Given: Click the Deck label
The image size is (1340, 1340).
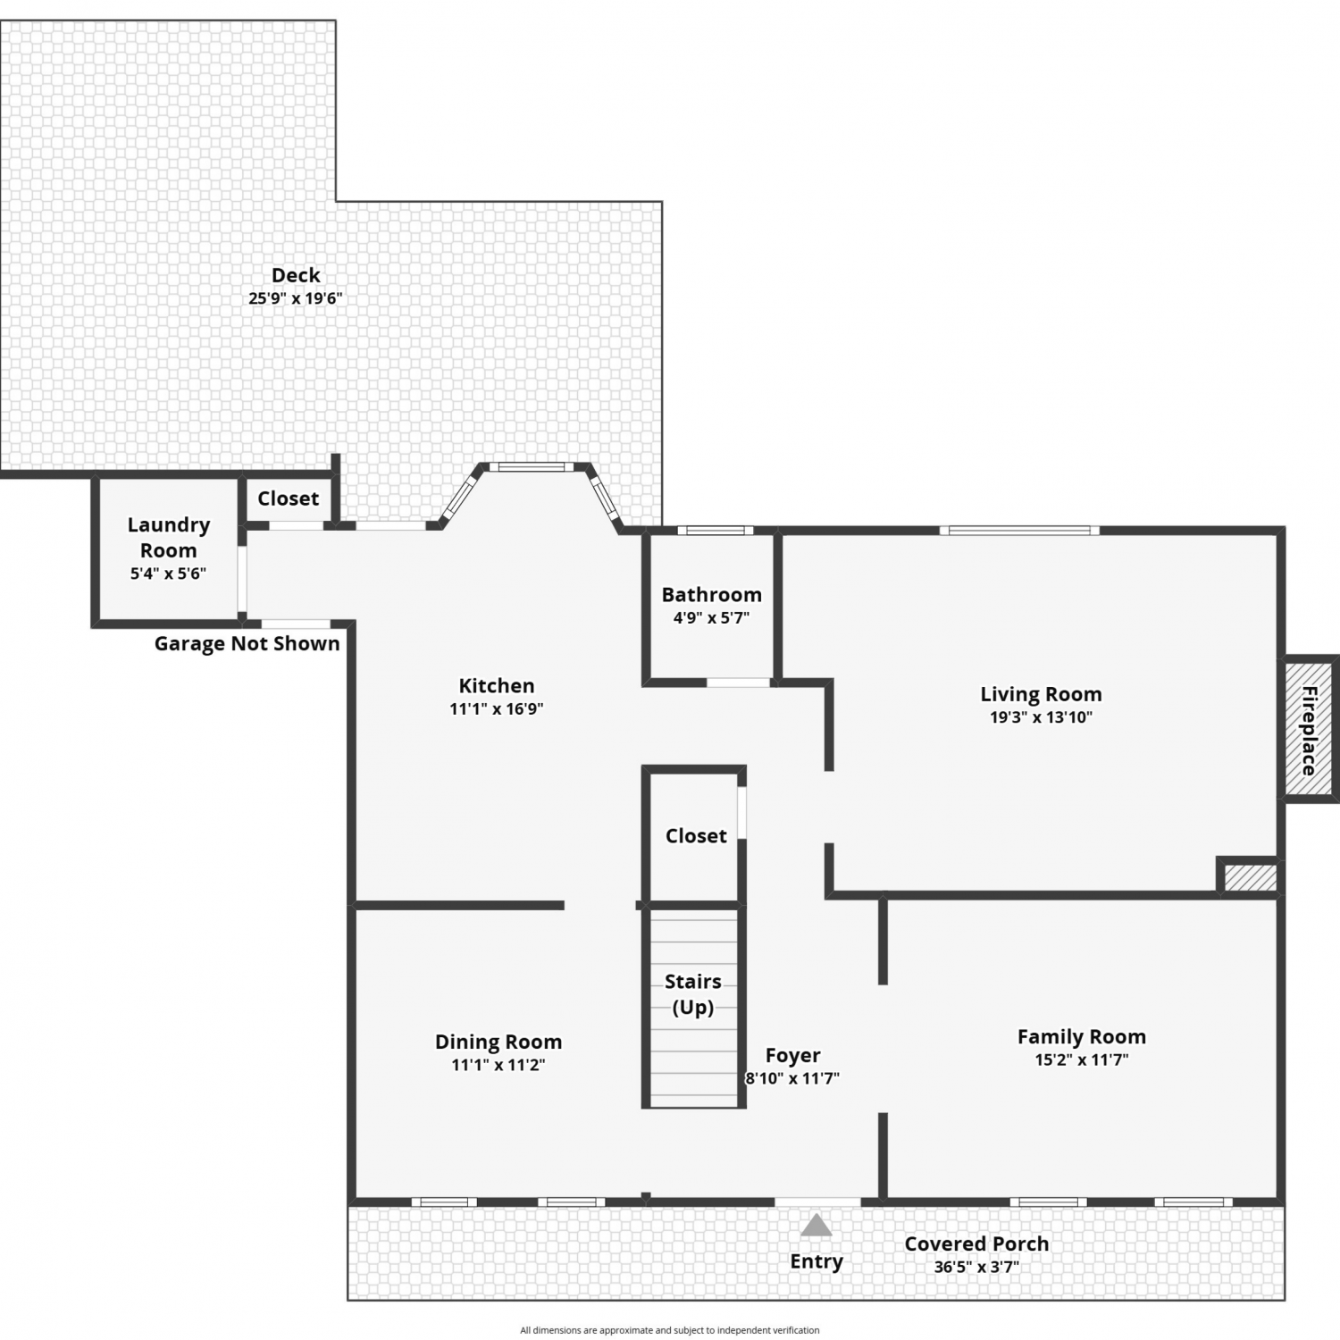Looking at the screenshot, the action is tap(296, 275).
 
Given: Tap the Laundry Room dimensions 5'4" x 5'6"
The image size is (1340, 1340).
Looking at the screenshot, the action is tap(168, 574).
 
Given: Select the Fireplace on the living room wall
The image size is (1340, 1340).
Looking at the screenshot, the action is tap(1310, 729).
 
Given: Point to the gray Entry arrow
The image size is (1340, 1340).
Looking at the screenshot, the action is tap(816, 1225).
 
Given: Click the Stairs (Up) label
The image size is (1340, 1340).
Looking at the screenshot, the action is tap(693, 994).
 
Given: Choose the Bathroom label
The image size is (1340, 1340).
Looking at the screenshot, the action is tap(712, 594).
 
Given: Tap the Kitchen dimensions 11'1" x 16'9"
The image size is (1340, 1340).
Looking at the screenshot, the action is tap(497, 708).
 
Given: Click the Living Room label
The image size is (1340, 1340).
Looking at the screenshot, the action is tap(1041, 694).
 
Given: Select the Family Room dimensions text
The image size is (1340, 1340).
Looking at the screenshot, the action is tap(1082, 1059).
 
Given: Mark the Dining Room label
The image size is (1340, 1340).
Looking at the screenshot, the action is tap(498, 1042).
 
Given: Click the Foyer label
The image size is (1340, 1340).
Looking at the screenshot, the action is tap(792, 1056).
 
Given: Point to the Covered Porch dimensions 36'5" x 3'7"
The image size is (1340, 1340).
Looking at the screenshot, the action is tap(976, 1267).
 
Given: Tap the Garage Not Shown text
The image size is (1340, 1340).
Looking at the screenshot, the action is tap(247, 643).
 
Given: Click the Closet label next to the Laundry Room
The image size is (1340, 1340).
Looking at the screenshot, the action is tap(288, 498).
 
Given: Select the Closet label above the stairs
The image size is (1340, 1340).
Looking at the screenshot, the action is tap(696, 836).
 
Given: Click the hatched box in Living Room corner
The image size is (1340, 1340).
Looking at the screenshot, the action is tap(1249, 876).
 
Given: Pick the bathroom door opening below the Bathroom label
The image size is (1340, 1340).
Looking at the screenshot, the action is tap(739, 683).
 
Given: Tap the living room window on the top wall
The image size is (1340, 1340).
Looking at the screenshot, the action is tap(1019, 531).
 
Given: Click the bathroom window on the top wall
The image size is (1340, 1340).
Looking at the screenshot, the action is tap(715, 531).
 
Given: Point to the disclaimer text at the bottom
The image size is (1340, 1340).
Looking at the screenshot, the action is tap(670, 1330).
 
